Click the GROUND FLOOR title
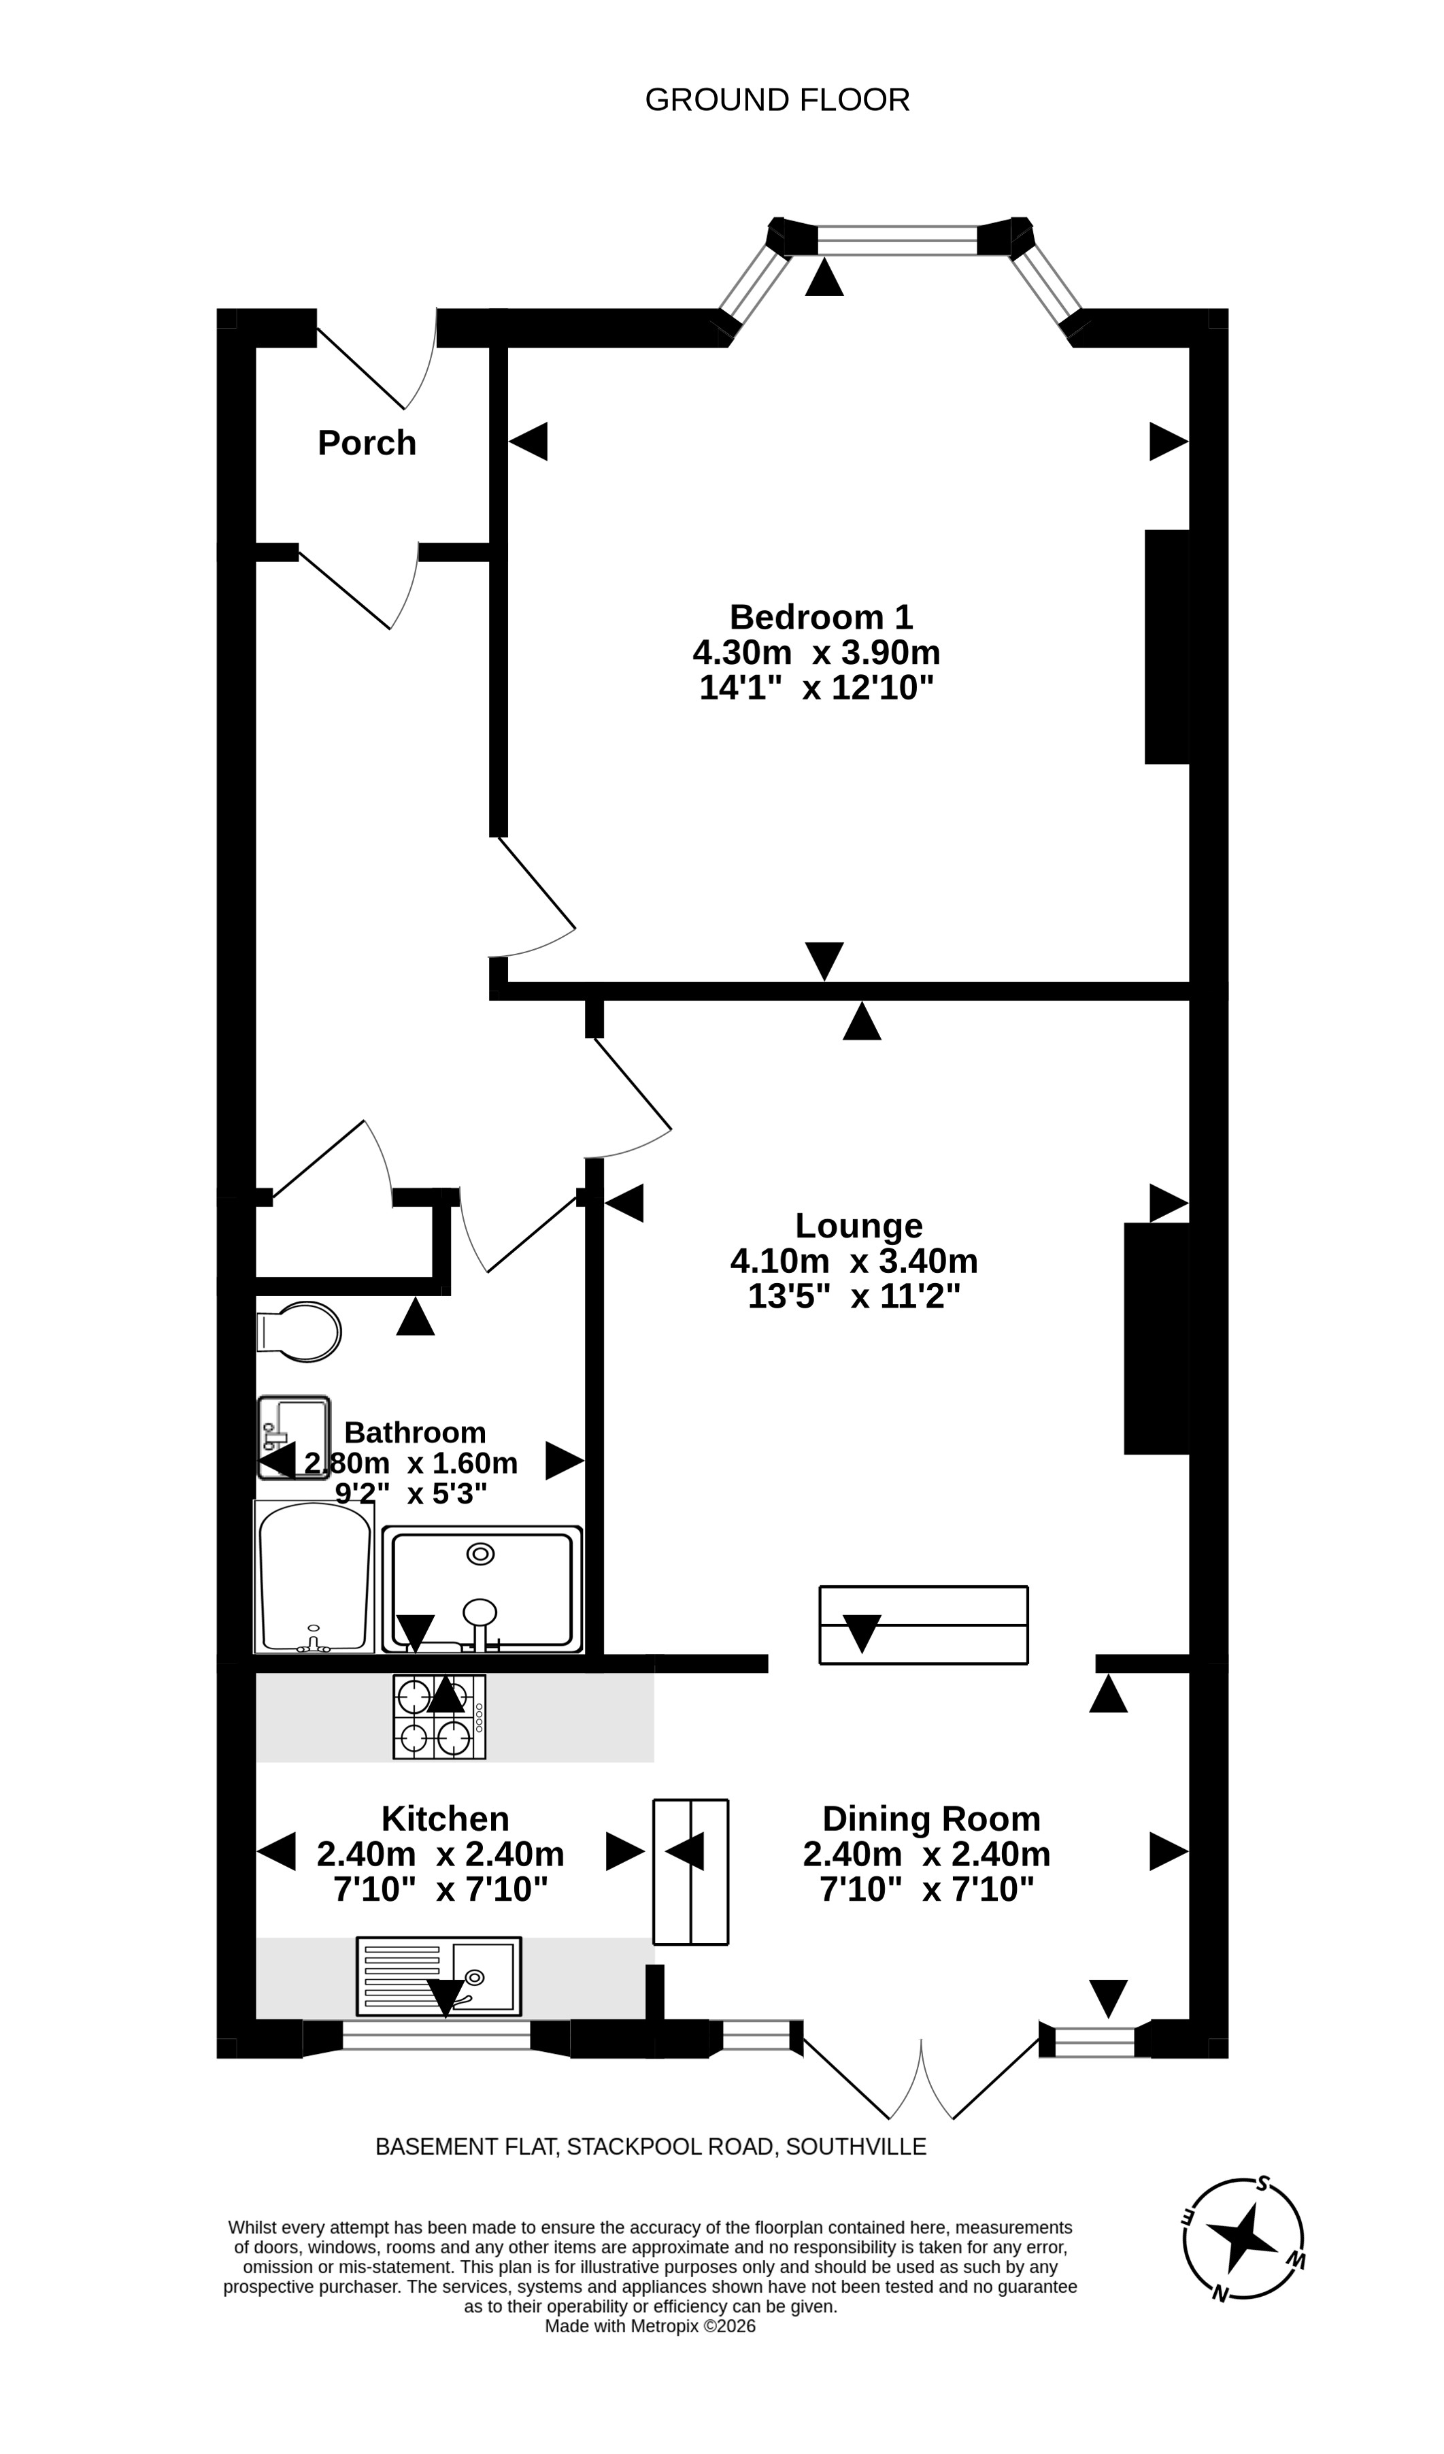[777, 100]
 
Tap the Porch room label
[367, 443]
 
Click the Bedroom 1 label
[821, 616]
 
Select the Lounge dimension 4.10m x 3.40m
[854, 1261]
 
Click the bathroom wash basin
[293, 1438]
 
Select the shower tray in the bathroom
[482, 1589]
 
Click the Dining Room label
[931, 1819]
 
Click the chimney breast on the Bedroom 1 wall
[1167, 646]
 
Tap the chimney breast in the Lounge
[1157, 1338]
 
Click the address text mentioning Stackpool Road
[650, 2146]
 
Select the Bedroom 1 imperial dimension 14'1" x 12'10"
[816, 689]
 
